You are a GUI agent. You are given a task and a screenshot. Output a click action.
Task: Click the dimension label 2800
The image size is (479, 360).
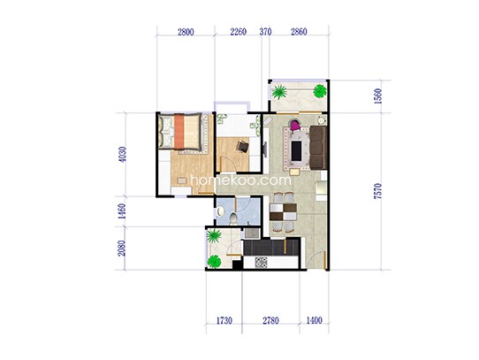[x=186, y=32]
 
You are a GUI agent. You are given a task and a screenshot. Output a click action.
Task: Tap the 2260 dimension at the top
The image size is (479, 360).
[x=239, y=32]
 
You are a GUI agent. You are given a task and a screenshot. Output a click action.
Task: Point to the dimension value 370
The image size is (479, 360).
[x=265, y=32]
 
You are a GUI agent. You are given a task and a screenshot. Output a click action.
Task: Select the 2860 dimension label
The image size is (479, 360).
[x=299, y=32]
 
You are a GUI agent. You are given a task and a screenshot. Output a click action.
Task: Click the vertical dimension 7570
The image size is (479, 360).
[x=378, y=191]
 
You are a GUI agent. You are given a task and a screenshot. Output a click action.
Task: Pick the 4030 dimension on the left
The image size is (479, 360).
[x=122, y=155]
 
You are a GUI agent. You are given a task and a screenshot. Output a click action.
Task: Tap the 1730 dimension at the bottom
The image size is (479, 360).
[x=224, y=320]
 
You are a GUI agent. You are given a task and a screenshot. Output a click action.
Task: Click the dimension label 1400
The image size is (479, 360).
[x=314, y=320]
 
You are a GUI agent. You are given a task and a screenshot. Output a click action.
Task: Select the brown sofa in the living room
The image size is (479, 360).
[x=318, y=148]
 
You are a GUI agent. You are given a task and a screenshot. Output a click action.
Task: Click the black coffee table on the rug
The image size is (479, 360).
[x=296, y=150]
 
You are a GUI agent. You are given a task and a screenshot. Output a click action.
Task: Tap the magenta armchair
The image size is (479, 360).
[x=295, y=125]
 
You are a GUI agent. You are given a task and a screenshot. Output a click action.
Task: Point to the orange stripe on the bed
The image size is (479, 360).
[x=179, y=131]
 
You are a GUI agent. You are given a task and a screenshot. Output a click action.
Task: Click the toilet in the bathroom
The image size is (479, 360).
[x=233, y=218]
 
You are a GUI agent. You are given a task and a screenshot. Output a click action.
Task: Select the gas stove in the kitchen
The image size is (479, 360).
[x=262, y=263]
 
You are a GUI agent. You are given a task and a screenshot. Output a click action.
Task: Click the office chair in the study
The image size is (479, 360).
[x=242, y=147]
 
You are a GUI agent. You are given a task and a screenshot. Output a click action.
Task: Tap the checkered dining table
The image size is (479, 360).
[x=283, y=211]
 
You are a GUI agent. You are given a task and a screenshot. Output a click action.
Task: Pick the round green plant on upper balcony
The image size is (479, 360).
[x=320, y=91]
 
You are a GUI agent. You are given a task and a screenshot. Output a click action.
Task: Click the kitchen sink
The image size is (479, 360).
[x=251, y=234]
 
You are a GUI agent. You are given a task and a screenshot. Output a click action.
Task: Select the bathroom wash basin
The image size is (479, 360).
[x=220, y=211]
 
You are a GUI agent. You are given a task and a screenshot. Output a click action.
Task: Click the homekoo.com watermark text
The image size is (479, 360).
[x=240, y=180]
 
